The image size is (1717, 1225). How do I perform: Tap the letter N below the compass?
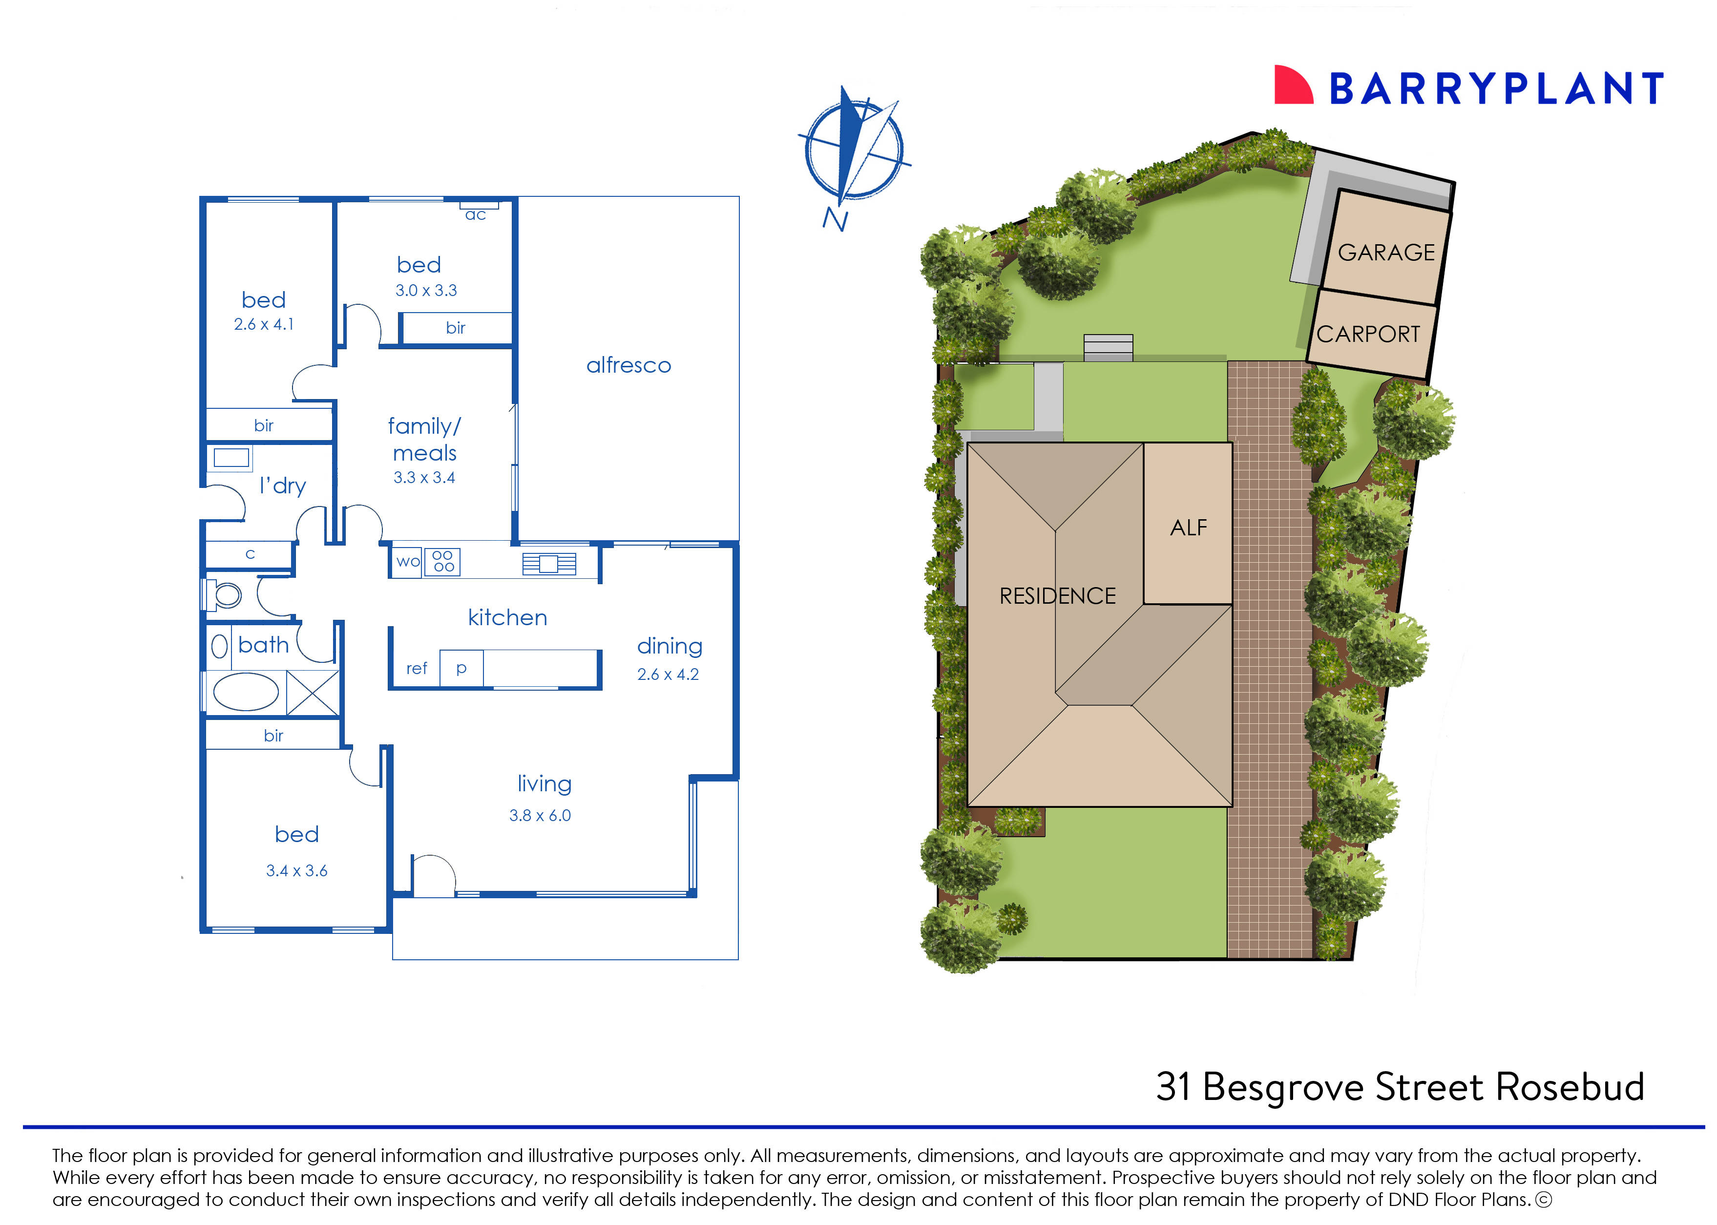coord(835,219)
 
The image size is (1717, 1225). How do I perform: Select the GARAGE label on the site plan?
coord(1385,252)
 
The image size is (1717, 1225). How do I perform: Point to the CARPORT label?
coord(1368,334)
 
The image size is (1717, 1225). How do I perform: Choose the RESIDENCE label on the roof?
coord(1057,596)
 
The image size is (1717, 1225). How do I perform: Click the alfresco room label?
coord(628,366)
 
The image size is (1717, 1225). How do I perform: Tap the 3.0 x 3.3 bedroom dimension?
coord(426,291)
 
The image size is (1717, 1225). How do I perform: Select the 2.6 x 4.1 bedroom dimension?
coord(263,324)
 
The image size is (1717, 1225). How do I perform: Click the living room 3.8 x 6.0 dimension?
coord(540,815)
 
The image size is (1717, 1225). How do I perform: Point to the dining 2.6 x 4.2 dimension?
coord(668,675)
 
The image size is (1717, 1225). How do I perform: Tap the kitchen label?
coord(507,618)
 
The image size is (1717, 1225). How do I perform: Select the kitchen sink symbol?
coord(549,564)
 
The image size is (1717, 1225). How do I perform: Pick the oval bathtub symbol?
coord(246,692)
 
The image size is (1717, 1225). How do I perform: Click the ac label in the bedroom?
coord(475,215)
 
